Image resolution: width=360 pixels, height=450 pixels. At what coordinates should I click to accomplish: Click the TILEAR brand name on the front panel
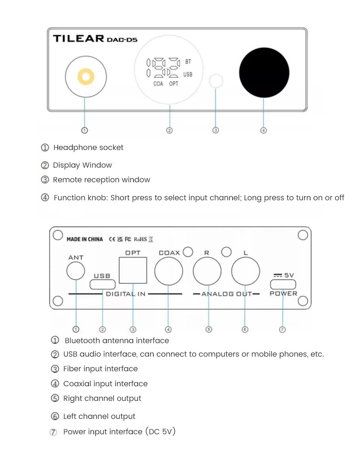coord(78,39)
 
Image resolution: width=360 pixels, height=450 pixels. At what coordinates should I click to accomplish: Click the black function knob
coord(264,72)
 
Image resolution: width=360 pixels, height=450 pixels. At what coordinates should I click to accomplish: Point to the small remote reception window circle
coord(216,81)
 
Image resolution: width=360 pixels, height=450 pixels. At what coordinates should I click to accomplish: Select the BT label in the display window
coord(188,61)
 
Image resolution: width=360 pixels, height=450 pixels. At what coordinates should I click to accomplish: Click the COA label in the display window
coord(158,84)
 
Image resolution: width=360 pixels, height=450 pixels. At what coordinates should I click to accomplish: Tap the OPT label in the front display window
coord(174,84)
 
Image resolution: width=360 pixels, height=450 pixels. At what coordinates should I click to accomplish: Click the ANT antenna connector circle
coord(76,271)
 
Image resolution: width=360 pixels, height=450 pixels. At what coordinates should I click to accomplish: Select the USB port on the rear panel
coord(102,284)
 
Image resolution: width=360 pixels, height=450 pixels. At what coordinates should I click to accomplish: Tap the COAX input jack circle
coord(168,271)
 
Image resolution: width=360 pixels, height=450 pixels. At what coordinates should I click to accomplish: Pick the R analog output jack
coord(207,271)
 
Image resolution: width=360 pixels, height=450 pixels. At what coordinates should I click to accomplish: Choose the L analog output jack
coord(246,271)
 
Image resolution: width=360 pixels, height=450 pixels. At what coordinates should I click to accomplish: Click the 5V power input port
coord(283,284)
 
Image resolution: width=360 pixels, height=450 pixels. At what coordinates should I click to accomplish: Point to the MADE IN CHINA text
coord(85,239)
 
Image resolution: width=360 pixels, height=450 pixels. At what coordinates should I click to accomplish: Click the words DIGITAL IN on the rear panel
coord(126,294)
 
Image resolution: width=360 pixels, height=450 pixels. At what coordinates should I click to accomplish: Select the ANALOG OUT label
coord(226,294)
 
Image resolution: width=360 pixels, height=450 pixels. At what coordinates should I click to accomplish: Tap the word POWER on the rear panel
coord(283,294)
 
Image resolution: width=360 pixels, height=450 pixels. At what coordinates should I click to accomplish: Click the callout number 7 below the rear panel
coord(282,330)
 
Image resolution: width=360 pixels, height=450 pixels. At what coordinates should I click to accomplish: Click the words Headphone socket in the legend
coord(88,148)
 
